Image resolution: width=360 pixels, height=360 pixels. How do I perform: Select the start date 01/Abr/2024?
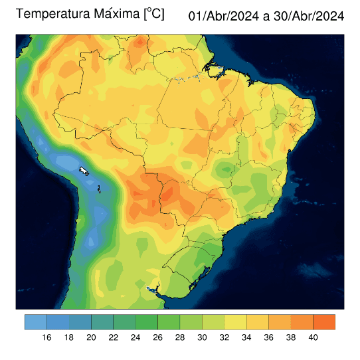click(224, 15)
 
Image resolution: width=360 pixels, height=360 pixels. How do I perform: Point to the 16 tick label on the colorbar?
click(46, 337)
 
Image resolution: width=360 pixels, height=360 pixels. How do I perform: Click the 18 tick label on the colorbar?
click(69, 337)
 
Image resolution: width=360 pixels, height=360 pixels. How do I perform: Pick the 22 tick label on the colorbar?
click(113, 337)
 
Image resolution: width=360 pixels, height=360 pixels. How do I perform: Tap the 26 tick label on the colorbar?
click(157, 337)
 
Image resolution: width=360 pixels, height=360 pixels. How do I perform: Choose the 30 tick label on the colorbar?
click(202, 337)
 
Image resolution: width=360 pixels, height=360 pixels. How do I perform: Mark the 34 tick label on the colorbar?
click(246, 337)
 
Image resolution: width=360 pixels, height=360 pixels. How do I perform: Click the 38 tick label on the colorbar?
click(291, 337)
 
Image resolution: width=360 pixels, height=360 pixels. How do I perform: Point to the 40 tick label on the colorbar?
click(313, 337)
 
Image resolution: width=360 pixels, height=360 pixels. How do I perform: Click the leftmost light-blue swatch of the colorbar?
click(36, 322)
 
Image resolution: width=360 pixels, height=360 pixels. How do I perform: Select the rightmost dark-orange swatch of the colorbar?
click(324, 322)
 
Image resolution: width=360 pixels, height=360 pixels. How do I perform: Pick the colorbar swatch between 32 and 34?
click(235, 322)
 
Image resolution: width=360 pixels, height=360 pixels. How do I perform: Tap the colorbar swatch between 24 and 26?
click(146, 322)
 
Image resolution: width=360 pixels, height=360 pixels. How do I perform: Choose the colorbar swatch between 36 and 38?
click(280, 322)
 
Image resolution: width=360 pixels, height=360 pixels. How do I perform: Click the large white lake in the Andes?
click(84, 171)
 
